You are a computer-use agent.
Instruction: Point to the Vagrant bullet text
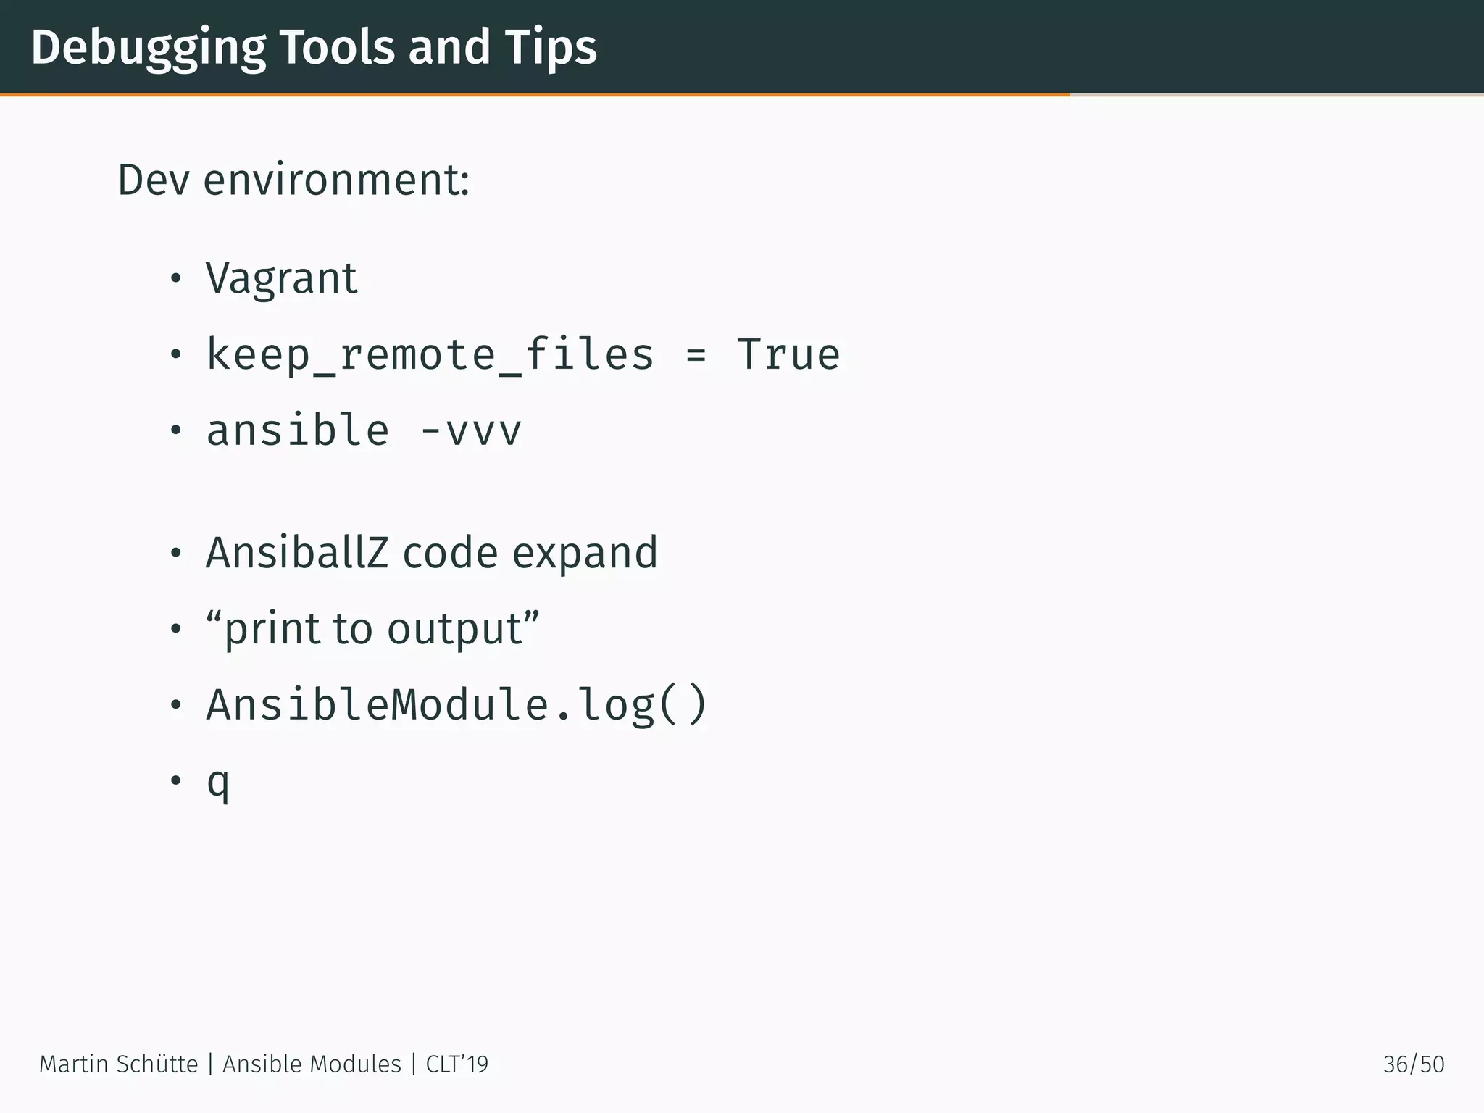coord(281,278)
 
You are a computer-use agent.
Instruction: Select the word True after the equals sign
coord(788,355)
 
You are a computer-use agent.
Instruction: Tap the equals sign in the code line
coord(696,355)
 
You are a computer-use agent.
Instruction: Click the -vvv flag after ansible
coord(471,430)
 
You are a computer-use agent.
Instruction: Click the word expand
coord(585,554)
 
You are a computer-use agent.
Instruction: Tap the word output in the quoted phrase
coord(454,629)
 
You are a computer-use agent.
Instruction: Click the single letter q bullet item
coord(218,783)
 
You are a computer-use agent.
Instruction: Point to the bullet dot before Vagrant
coord(175,278)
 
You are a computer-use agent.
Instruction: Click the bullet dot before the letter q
coord(175,781)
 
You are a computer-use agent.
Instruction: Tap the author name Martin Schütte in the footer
coord(118,1064)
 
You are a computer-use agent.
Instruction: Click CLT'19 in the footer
coord(457,1064)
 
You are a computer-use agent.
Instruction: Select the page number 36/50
coord(1413,1064)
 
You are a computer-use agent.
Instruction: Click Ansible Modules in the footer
coord(312,1064)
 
